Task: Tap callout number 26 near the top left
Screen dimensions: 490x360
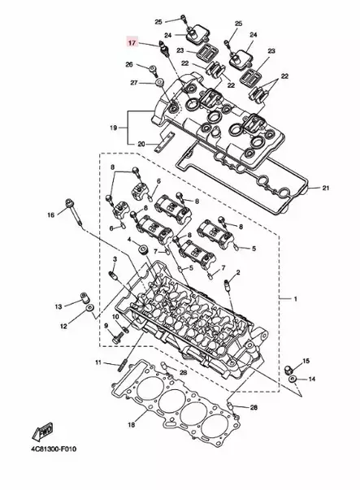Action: pos(129,64)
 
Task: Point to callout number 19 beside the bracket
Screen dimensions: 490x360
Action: pos(115,127)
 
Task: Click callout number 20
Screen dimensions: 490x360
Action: pos(141,144)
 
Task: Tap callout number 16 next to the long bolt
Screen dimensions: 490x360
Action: pos(50,215)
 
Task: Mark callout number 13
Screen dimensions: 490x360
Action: pos(59,306)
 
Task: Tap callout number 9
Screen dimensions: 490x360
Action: pos(106,326)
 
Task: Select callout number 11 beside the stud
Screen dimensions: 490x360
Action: pos(97,362)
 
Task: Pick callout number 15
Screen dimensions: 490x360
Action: pos(306,360)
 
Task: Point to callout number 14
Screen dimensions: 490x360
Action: pos(314,379)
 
